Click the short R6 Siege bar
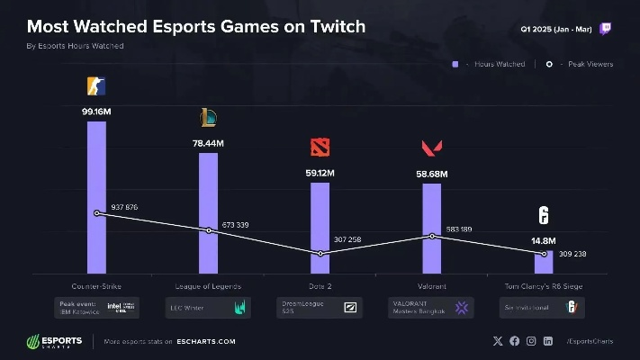pyautogui.click(x=544, y=264)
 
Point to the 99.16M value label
pyautogui.click(x=96, y=111)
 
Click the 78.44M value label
pyautogui.click(x=208, y=141)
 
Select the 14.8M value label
pyautogui.click(x=544, y=241)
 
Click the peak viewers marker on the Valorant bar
pyautogui.click(x=432, y=236)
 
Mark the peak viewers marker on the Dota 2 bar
pyautogui.click(x=320, y=254)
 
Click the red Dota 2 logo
pyautogui.click(x=320, y=148)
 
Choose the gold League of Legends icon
pyautogui.click(x=208, y=117)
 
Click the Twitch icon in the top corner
pyautogui.click(x=605, y=29)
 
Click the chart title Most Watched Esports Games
pyautogui.click(x=196, y=26)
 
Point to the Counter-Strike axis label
pyautogui.click(x=97, y=285)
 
